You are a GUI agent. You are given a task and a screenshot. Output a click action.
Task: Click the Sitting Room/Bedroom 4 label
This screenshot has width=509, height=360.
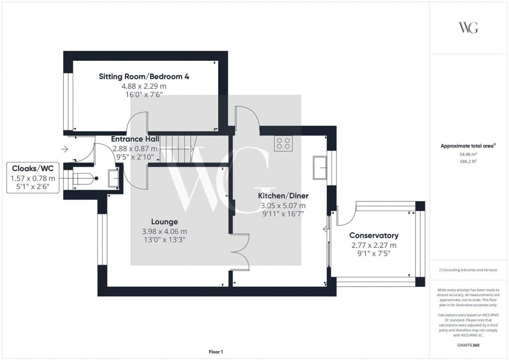click(144, 76)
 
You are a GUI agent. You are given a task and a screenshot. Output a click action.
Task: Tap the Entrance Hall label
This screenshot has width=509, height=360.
click(135, 139)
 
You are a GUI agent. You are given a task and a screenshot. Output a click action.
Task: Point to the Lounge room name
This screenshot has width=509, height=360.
click(165, 222)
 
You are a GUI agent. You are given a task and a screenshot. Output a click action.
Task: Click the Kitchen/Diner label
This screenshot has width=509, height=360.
click(284, 196)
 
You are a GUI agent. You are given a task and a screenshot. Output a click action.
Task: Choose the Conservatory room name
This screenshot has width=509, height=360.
click(373, 235)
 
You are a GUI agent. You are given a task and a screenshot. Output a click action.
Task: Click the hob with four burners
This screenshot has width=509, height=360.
click(283, 143)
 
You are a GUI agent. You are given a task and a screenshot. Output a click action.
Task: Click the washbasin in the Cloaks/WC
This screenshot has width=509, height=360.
click(113, 179)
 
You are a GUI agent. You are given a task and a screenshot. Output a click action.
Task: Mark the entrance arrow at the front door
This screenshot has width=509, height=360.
click(64, 150)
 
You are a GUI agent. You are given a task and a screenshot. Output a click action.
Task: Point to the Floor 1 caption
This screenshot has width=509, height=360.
click(215, 352)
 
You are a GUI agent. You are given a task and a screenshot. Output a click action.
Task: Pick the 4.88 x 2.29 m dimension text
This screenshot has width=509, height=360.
click(144, 86)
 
